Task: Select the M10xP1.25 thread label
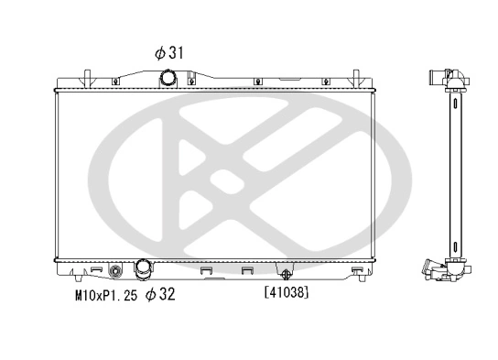click(x=106, y=295)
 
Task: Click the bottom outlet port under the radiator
click(x=144, y=270)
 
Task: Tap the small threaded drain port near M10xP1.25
click(x=115, y=271)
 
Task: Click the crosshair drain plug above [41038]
click(x=286, y=273)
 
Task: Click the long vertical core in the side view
click(x=450, y=174)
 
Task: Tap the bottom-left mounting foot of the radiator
click(x=71, y=272)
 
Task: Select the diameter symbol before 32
click(x=149, y=295)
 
